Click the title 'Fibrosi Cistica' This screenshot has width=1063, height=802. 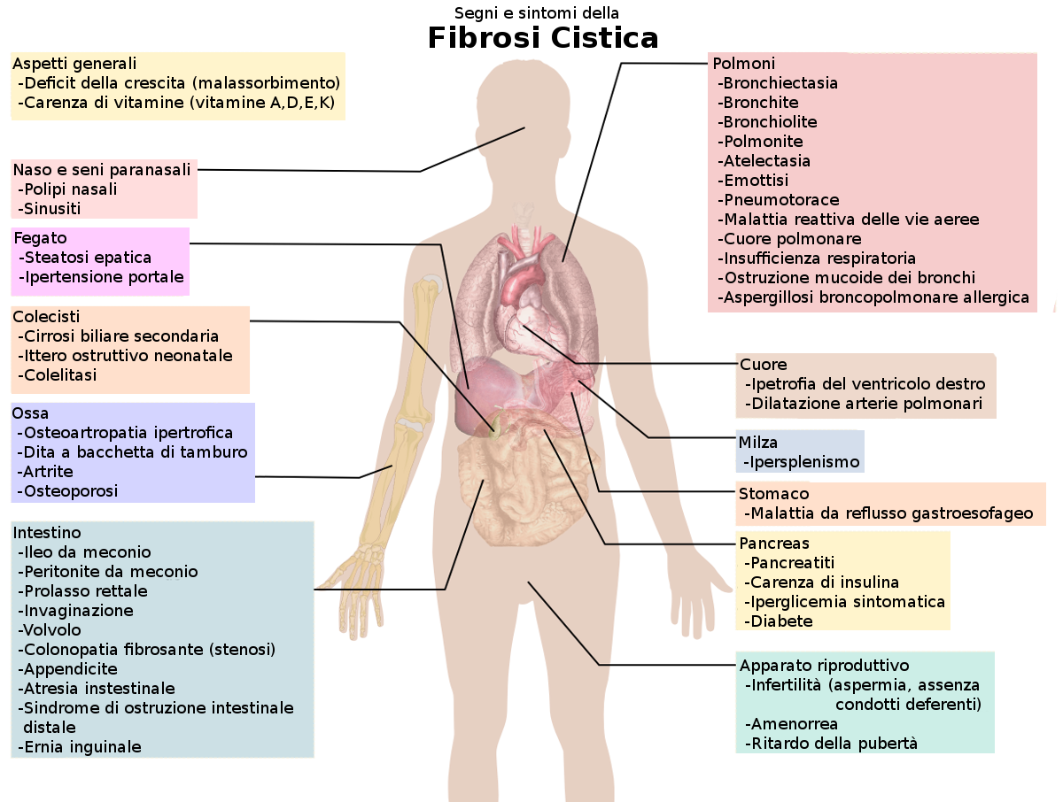[543, 39]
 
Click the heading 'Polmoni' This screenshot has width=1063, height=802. [744, 64]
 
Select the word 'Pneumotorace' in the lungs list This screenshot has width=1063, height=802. [780, 200]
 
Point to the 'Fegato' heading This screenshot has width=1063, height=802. [40, 238]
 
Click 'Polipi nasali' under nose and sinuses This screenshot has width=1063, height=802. [70, 189]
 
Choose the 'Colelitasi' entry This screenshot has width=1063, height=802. [60, 375]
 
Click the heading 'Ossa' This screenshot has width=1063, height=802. [30, 413]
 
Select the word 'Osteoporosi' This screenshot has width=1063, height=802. [71, 491]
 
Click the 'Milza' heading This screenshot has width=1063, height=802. [759, 443]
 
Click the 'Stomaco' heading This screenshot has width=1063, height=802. [774, 494]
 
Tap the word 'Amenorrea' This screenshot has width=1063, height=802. [794, 724]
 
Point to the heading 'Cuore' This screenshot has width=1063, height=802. [764, 365]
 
